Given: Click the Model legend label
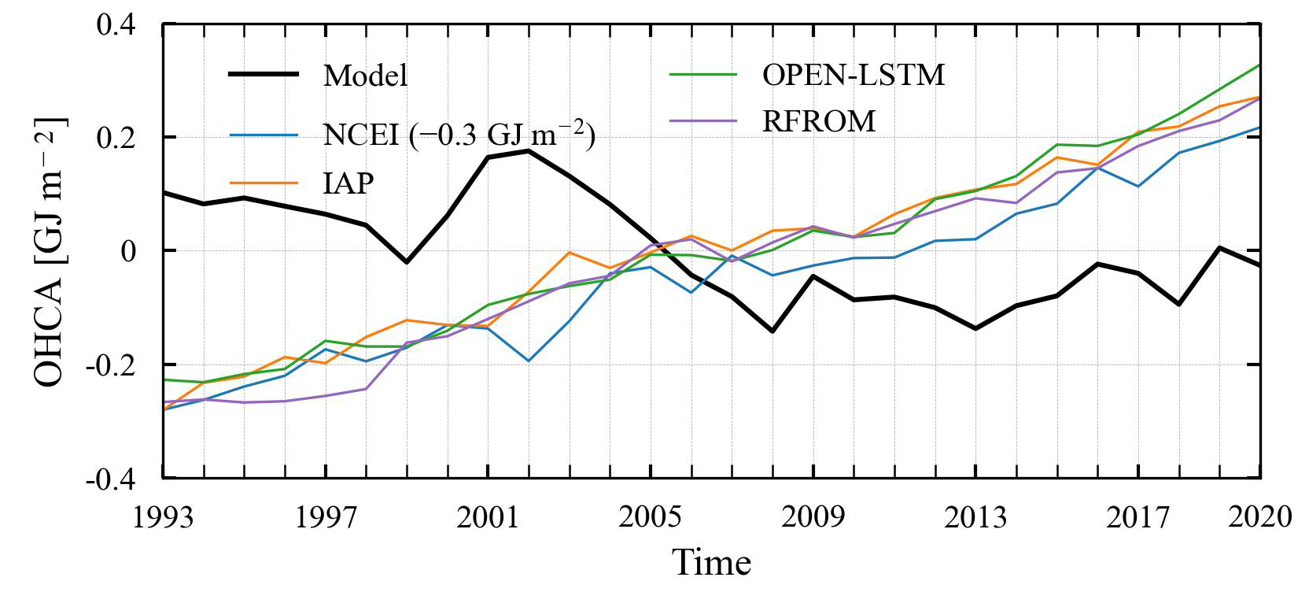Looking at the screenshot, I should click(x=366, y=76).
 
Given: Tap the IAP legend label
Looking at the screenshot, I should click(x=348, y=183).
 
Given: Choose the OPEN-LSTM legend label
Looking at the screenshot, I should click(x=854, y=75).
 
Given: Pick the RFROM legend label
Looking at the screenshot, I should click(x=818, y=122).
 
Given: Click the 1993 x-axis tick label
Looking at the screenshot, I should click(x=164, y=517).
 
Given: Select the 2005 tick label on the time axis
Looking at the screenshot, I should click(x=651, y=517).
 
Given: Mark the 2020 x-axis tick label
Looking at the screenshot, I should click(x=1259, y=517).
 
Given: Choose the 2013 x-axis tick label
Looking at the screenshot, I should click(x=975, y=517).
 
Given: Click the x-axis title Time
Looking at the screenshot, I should click(x=711, y=562).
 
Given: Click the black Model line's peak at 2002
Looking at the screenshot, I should click(x=529, y=150).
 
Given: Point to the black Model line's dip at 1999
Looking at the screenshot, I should click(x=407, y=262).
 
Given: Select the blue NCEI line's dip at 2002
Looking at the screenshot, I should click(x=529, y=361).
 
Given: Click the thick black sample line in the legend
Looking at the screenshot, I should click(x=264, y=75).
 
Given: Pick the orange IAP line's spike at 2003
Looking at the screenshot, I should click(x=570, y=253).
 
